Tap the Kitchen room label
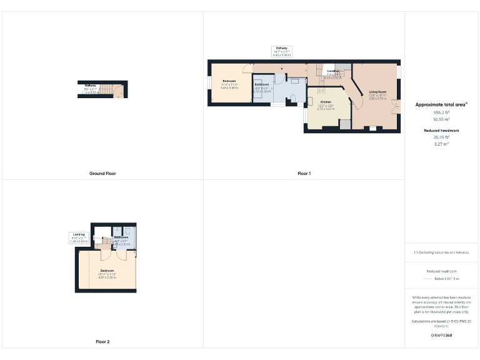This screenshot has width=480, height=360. [x=326, y=101]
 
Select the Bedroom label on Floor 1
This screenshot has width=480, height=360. [x=229, y=81]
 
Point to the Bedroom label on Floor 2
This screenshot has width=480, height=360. [x=107, y=270]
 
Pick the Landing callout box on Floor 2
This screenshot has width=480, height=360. [x=78, y=237]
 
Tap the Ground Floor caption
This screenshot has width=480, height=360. [x=102, y=173]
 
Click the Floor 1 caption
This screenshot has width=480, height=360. [x=304, y=173]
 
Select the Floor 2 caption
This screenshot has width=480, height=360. [x=102, y=342]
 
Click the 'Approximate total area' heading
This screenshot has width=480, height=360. [x=441, y=104]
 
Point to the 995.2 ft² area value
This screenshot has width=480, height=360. [x=441, y=112]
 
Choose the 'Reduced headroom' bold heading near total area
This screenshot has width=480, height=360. [x=441, y=130]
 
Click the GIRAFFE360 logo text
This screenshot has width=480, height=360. [x=441, y=336]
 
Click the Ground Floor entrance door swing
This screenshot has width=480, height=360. [x=118, y=94]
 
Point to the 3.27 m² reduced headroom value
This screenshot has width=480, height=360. [x=441, y=144]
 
